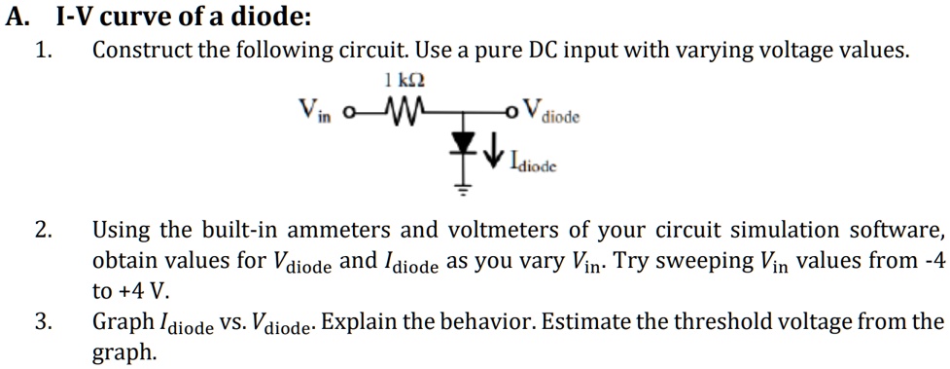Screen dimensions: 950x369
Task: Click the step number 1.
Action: tap(43, 51)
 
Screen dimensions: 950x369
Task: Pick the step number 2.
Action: tap(43, 231)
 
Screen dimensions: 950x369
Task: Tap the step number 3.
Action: tap(43, 322)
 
